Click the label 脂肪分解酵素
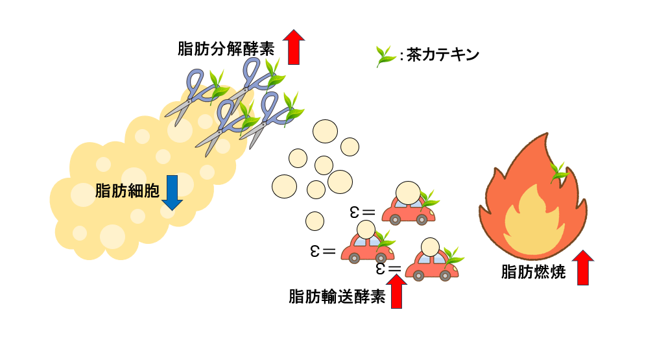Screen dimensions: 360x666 (x=226, y=49)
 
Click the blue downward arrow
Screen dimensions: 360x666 (x=172, y=193)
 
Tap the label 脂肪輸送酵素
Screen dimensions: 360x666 (x=337, y=296)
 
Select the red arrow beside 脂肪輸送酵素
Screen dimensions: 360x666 (x=396, y=291)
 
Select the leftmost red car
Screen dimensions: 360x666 (x=366, y=247)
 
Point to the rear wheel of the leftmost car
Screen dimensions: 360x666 (x=354, y=258)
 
